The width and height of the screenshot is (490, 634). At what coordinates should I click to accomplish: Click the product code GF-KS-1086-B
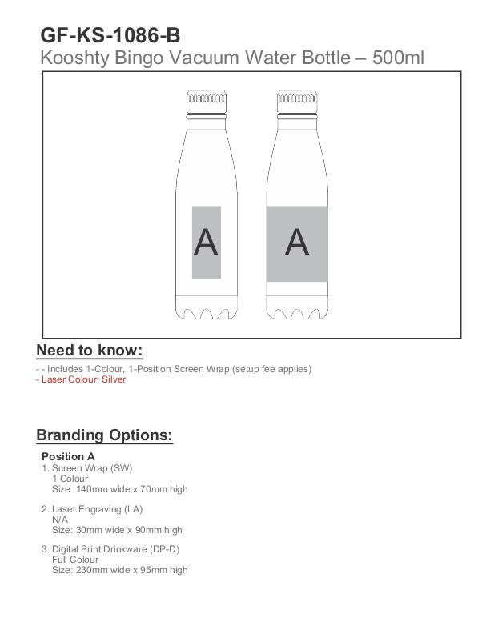pos(110,35)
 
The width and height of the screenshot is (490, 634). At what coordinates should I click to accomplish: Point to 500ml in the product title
pos(399,58)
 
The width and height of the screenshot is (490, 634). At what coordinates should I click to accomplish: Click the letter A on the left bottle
pos(206,242)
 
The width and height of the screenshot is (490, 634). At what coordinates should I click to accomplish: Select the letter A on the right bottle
pos(297,242)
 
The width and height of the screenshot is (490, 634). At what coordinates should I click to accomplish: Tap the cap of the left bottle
pos(207,100)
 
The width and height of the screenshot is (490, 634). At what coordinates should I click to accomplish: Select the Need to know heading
pos(89,351)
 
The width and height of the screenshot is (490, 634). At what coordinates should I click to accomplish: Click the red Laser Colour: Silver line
pos(81,379)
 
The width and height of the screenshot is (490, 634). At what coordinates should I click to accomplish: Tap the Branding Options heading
pos(104,435)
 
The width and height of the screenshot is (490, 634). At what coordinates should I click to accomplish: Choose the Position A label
pos(68,456)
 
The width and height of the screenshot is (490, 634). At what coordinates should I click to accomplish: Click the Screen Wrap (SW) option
pos(91,468)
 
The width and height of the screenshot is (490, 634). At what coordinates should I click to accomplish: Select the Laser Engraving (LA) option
pos(97,509)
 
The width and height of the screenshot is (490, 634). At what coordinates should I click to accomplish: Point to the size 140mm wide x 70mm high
pos(120,489)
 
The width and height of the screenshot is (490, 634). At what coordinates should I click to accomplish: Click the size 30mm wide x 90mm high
pos(117,529)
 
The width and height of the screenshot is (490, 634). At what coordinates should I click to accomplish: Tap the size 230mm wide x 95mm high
pos(120,570)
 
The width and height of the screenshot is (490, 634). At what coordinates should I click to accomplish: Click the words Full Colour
pos(75,560)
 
